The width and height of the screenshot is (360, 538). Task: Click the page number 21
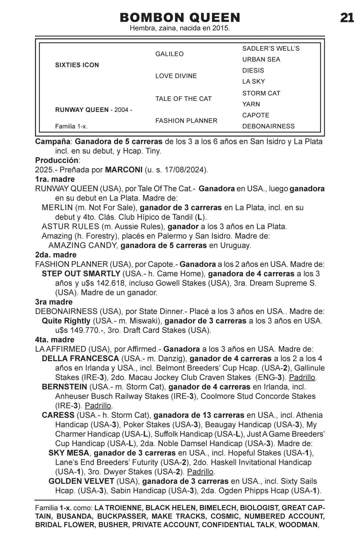click(x=347, y=17)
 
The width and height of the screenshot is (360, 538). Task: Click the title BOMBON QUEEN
click(x=180, y=17)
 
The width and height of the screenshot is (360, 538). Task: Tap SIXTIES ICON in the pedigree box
click(x=77, y=65)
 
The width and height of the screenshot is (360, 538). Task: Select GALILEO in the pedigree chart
click(x=169, y=54)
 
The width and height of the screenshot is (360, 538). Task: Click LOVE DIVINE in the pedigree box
click(x=176, y=76)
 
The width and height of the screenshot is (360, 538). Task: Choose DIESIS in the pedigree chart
click(x=253, y=70)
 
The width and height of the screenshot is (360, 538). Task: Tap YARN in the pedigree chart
click(x=251, y=104)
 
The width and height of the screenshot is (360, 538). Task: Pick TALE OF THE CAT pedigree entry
click(x=183, y=99)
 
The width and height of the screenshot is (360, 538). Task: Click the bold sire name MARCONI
click(x=124, y=170)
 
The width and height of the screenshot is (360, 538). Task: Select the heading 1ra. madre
click(x=55, y=179)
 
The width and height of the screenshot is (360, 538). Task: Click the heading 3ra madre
click(x=54, y=302)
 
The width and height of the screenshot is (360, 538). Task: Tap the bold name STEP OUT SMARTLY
click(x=81, y=273)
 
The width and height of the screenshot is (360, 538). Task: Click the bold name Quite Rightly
click(x=66, y=321)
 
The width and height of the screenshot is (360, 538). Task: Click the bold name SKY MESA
click(x=69, y=453)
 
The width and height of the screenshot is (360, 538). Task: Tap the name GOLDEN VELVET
click(x=81, y=481)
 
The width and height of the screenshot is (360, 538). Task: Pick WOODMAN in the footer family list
click(x=298, y=525)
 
